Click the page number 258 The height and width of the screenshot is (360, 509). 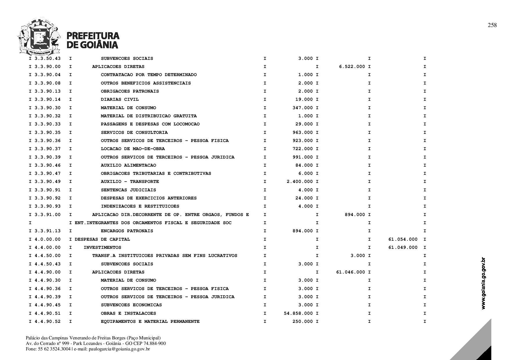point(492,25)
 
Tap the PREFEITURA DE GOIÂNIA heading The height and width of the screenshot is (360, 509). point(93,40)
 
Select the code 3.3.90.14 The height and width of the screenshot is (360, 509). point(48,100)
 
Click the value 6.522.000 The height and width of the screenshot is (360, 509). point(352,67)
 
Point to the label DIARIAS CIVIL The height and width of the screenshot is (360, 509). point(120,100)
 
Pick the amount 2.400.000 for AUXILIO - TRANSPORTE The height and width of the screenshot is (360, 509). point(300,182)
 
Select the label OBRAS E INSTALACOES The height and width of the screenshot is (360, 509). point(128,314)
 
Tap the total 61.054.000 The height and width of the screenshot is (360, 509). point(403,240)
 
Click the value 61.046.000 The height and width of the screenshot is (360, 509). point(351,272)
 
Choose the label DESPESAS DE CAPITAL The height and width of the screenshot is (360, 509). point(102,240)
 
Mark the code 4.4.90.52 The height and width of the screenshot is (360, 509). point(48,322)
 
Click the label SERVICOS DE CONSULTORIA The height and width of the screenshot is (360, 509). point(134,133)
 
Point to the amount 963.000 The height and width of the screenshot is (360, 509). point(303,133)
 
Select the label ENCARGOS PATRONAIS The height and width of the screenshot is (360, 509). point(127,231)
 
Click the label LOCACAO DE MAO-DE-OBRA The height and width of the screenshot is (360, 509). point(133,149)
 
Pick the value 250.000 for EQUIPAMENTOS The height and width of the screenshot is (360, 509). point(303,322)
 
